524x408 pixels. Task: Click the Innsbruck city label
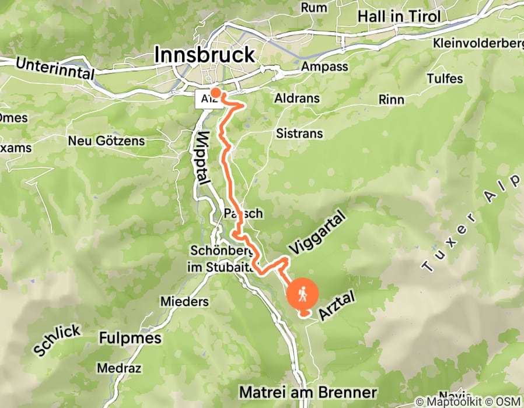204,55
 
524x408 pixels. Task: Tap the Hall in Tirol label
399,16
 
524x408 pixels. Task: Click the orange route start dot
215,92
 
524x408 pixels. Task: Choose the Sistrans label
300,133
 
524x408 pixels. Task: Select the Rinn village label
391,100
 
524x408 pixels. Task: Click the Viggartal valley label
317,234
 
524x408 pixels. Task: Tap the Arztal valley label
337,307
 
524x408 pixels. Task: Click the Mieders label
184,302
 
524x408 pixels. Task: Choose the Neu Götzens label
106,141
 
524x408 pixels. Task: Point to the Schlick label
57,341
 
